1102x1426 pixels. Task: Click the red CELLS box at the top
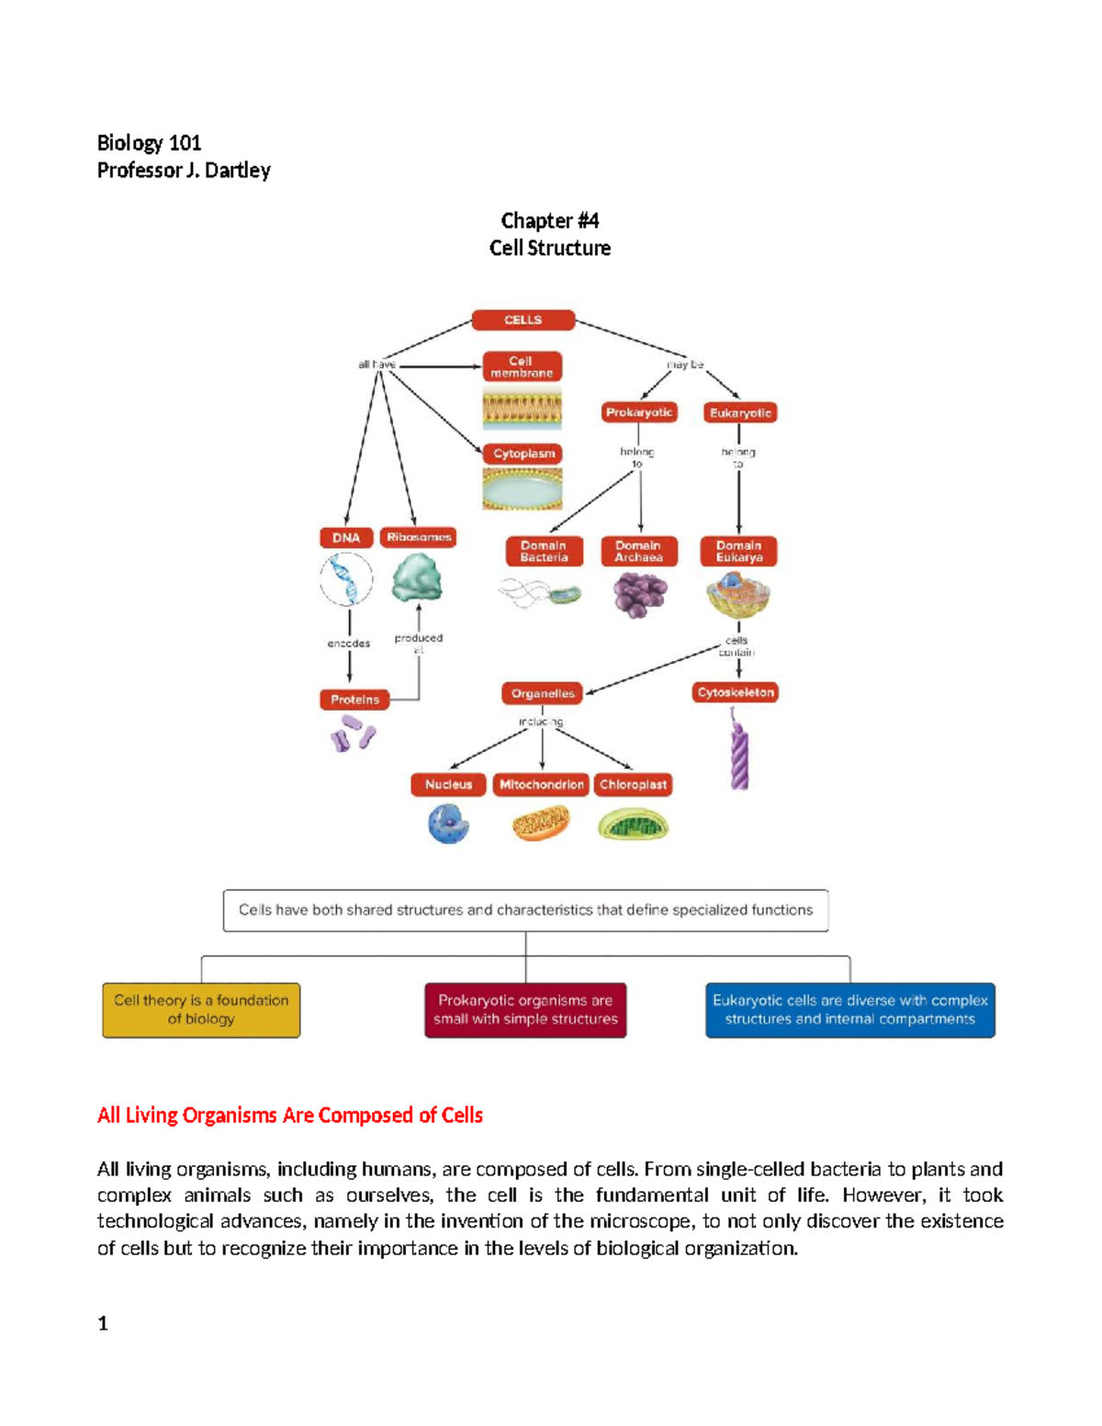click(x=523, y=320)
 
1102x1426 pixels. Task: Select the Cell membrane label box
click(x=522, y=366)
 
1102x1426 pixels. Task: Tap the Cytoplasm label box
click(x=523, y=454)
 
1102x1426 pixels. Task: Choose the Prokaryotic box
click(x=639, y=412)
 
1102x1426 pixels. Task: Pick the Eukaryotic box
click(x=740, y=413)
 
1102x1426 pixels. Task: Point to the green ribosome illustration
click(x=417, y=579)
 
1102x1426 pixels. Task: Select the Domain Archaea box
click(x=638, y=551)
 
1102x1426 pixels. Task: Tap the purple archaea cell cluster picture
click(x=639, y=594)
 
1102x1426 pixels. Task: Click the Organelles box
click(x=543, y=693)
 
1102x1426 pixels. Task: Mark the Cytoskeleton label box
click(x=736, y=692)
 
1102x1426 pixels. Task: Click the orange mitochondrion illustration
click(x=541, y=823)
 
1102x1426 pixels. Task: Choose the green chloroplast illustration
click(x=633, y=825)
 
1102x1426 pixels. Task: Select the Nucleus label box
click(x=448, y=784)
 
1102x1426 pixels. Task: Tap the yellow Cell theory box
click(x=201, y=1010)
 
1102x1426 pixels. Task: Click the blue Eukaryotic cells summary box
click(x=849, y=1010)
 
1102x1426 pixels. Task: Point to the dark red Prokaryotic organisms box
click(x=525, y=1010)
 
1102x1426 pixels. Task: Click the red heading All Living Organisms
click(x=290, y=1115)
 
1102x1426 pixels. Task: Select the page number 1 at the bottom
click(x=103, y=1323)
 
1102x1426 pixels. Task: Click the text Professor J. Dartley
click(x=184, y=170)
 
